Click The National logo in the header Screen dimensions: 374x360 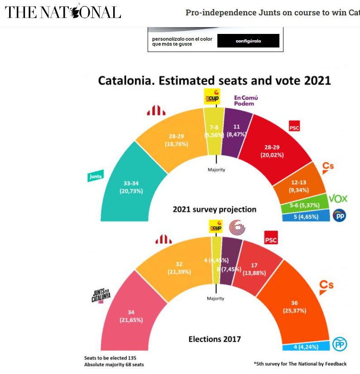(63, 12)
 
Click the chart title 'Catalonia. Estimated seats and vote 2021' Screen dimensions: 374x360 (215, 80)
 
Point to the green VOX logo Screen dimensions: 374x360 (337, 199)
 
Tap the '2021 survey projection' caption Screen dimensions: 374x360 (215, 209)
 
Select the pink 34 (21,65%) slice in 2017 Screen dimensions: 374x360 (131, 316)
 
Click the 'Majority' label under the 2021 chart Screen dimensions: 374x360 (216, 170)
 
